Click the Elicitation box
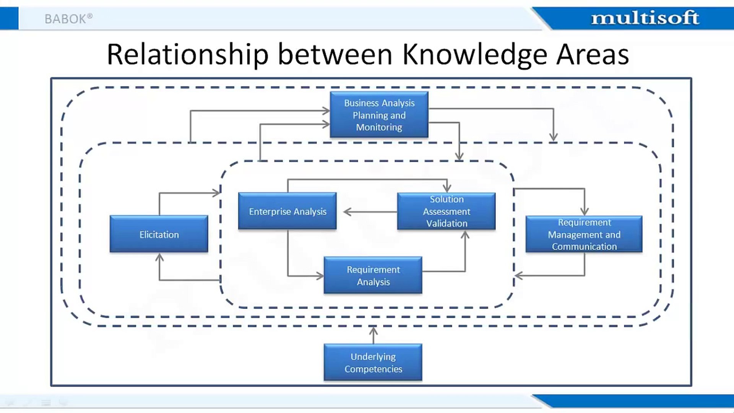(x=159, y=234)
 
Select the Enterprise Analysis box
(x=287, y=211)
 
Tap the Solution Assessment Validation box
(x=446, y=211)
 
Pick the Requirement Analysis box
(x=373, y=275)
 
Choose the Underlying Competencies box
(x=373, y=362)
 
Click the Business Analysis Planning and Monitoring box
(x=379, y=115)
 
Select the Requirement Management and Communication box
(x=584, y=234)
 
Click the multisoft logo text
(x=645, y=18)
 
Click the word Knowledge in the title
(x=475, y=55)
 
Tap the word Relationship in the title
(x=188, y=55)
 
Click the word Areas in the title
(x=592, y=55)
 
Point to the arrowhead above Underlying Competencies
(x=373, y=330)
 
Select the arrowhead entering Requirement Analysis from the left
(x=320, y=276)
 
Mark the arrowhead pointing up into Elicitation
(x=159, y=257)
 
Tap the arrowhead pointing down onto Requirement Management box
(x=584, y=211)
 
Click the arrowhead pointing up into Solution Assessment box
(x=465, y=235)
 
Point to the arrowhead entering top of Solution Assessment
(x=447, y=188)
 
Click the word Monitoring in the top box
(x=379, y=127)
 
